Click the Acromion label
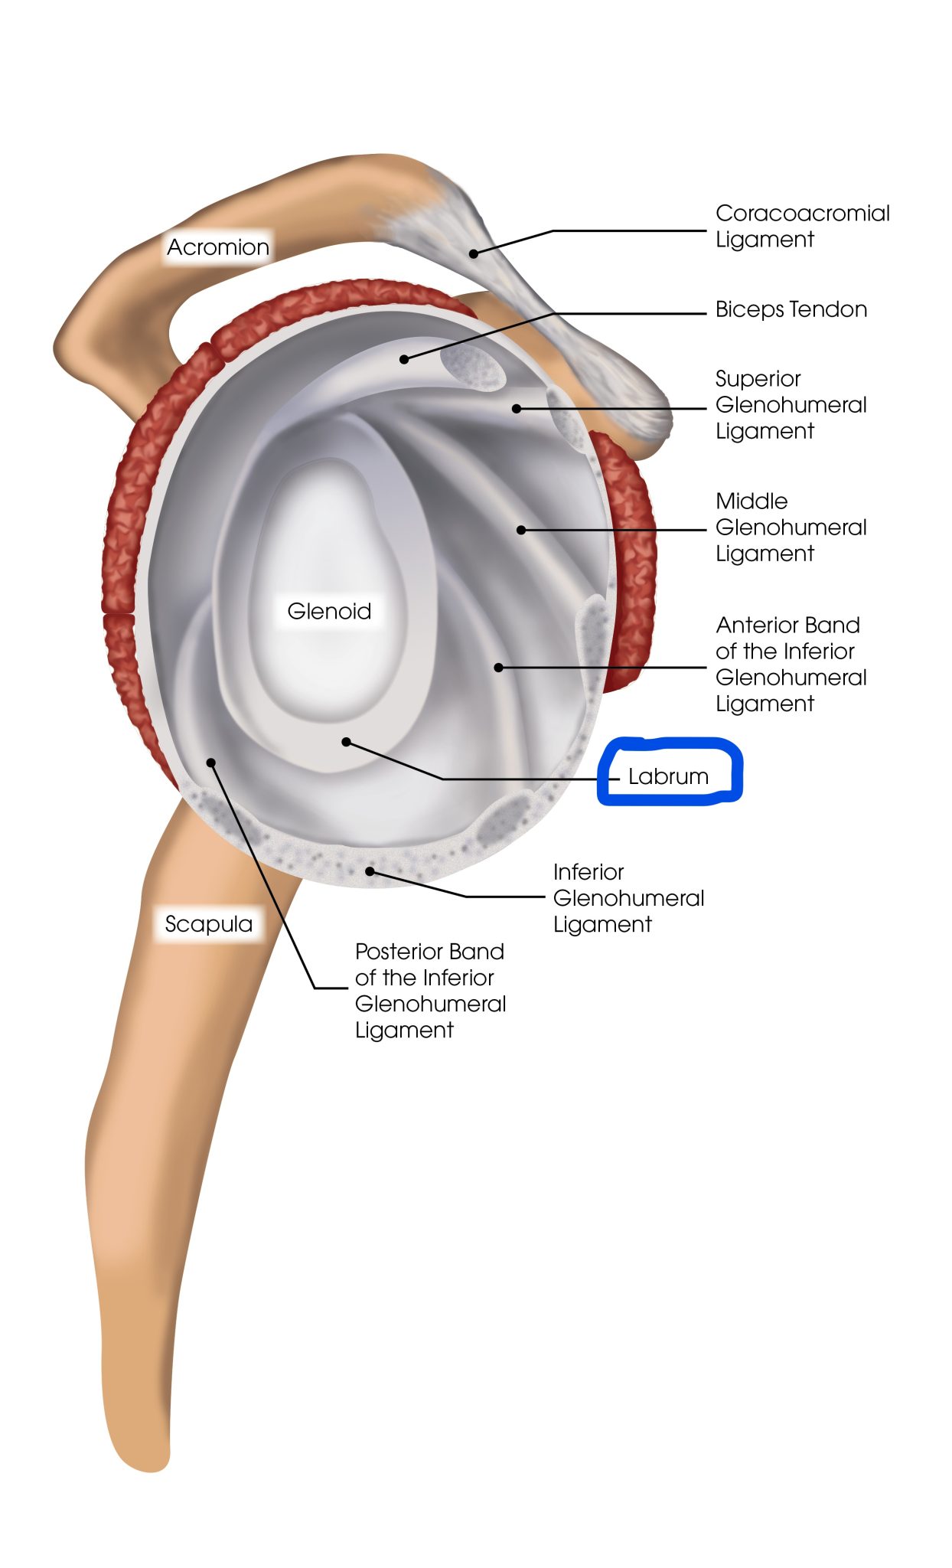click(218, 247)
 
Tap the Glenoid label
click(329, 611)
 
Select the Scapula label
click(209, 924)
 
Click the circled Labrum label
click(668, 776)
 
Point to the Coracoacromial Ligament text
click(802, 226)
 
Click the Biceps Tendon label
click(791, 309)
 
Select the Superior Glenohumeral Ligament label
click(791, 405)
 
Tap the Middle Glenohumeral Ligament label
click(791, 528)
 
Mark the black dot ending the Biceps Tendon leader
click(404, 359)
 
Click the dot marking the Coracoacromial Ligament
click(474, 253)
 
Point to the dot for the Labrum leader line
click(346, 742)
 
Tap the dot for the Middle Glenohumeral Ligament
click(520, 530)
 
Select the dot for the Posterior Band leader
click(211, 762)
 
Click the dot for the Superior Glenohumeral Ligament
click(517, 409)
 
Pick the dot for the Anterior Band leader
click(498, 668)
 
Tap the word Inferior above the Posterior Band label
click(588, 872)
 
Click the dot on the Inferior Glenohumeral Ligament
click(370, 871)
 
